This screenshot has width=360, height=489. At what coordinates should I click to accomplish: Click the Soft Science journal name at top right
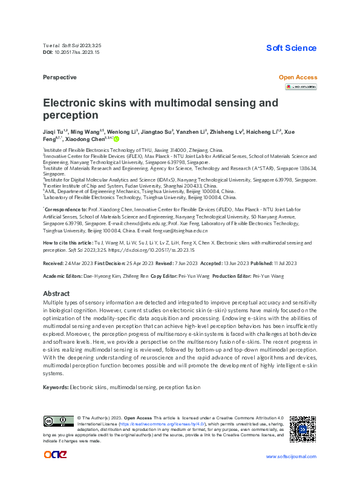[292, 48]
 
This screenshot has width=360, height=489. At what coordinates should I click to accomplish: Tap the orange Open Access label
[297, 77]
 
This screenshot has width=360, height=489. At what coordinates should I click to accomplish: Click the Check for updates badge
[301, 87]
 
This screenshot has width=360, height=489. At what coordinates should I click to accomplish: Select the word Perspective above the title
[60, 77]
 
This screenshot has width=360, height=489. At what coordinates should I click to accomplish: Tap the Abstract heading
[57, 294]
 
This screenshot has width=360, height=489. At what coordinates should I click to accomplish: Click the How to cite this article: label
[68, 243]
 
